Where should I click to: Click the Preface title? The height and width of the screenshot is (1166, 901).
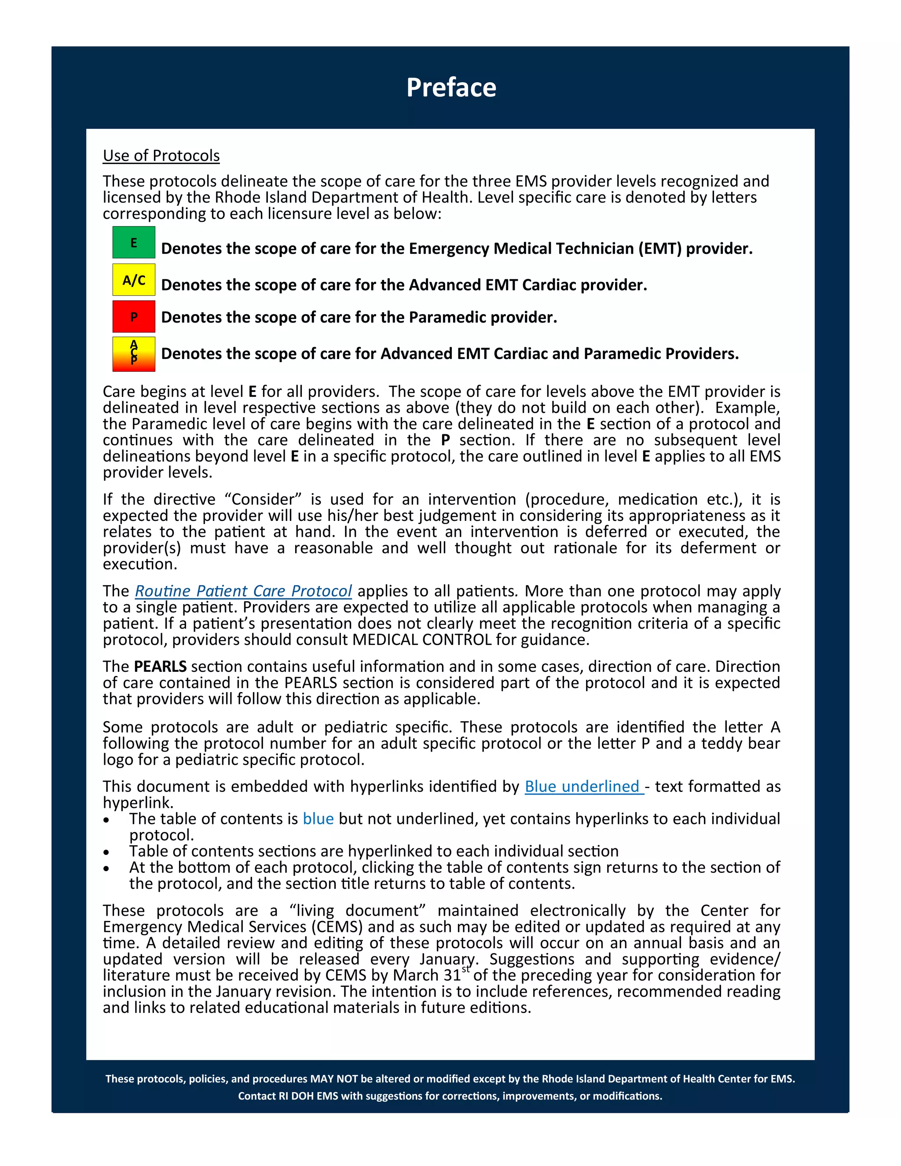451,88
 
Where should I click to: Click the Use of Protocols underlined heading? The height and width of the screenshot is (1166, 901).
161,155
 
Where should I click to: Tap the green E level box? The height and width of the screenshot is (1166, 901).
133,243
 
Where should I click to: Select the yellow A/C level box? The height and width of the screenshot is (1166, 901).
133,280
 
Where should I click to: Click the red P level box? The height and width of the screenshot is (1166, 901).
133,317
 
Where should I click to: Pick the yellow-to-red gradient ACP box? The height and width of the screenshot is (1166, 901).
133,353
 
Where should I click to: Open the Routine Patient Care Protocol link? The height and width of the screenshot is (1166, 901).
243,591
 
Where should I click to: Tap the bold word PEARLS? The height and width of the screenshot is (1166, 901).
160,666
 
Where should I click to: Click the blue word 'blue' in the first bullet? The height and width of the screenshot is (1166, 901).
318,818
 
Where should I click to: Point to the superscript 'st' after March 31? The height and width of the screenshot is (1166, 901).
466,969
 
